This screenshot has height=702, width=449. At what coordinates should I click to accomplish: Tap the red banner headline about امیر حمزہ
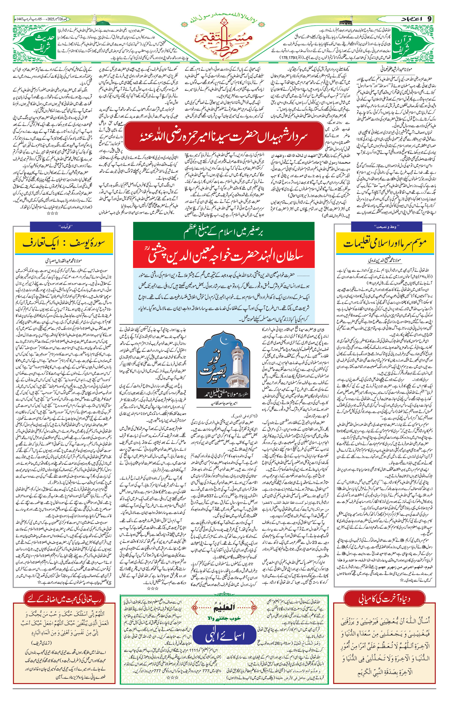coord(224,137)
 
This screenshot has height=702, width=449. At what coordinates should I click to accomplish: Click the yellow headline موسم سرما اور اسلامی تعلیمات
coord(386,244)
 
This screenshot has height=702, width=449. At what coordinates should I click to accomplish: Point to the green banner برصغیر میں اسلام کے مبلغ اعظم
coord(224,231)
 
